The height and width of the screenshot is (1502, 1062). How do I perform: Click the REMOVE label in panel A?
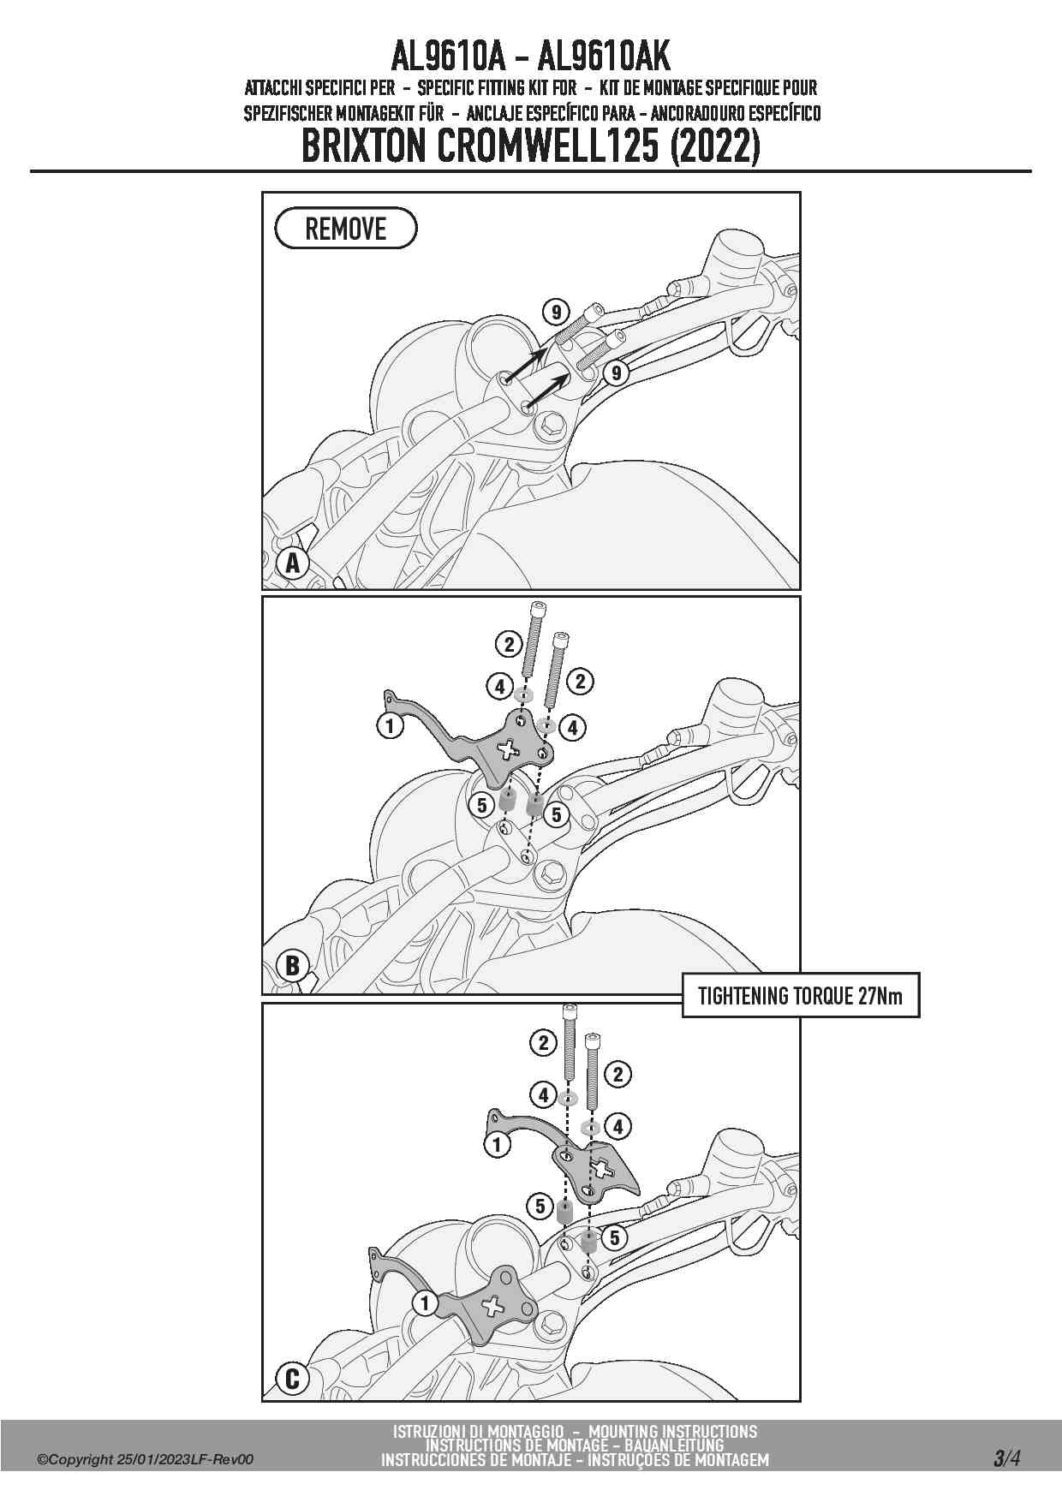coord(346,229)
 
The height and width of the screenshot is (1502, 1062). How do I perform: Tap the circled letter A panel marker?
coord(293,563)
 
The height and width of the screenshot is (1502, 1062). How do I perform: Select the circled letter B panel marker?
coord(293,965)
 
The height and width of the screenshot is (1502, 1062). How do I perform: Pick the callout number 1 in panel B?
coord(390,726)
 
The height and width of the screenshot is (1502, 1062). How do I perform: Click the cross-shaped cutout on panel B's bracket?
coord(507,749)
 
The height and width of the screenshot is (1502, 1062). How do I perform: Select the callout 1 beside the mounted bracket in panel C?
coord(426,1303)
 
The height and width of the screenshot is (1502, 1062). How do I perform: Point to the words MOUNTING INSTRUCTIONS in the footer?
coord(673,1431)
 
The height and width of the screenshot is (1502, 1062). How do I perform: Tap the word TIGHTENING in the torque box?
coord(743,996)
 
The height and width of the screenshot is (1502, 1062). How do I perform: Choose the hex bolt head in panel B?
coord(549,873)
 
